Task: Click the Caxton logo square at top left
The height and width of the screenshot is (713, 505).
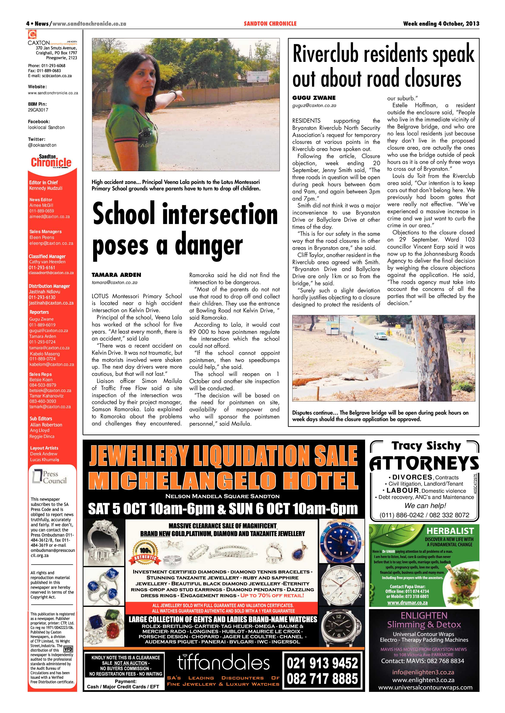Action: pos(32,34)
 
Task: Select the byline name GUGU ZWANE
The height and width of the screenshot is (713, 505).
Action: pos(314,98)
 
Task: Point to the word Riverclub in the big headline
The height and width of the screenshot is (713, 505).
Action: pos(326,55)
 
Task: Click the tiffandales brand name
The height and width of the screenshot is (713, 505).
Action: pos(223,663)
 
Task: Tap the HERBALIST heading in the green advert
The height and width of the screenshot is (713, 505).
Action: pos(450,531)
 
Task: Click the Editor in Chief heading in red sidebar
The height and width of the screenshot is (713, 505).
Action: pos(44,183)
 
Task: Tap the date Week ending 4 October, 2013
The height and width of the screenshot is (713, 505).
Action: pos(441,24)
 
